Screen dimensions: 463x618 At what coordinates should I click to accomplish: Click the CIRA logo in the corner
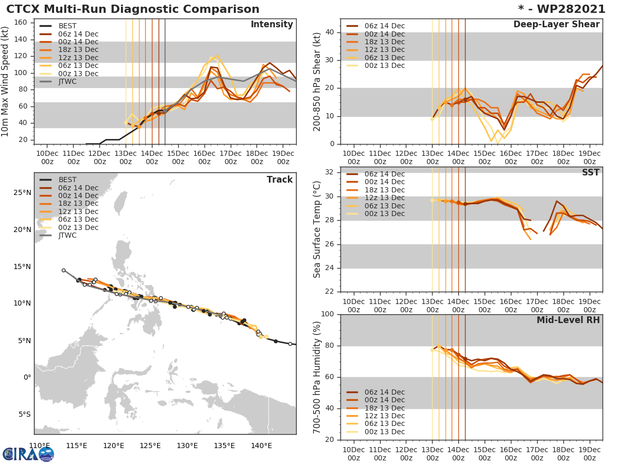[28, 454]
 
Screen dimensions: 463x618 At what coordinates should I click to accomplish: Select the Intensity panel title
[271, 25]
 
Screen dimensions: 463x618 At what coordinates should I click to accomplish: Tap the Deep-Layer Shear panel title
[556, 25]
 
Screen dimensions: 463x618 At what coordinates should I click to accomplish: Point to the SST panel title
[590, 172]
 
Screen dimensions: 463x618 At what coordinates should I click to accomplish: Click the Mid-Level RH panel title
[568, 320]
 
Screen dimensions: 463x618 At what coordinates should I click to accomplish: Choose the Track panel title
[280, 180]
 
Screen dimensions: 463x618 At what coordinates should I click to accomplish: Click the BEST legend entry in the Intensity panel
[67, 26]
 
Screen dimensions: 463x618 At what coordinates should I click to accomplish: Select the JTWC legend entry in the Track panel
[67, 236]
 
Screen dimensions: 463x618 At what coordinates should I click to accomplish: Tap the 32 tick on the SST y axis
[331, 172]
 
